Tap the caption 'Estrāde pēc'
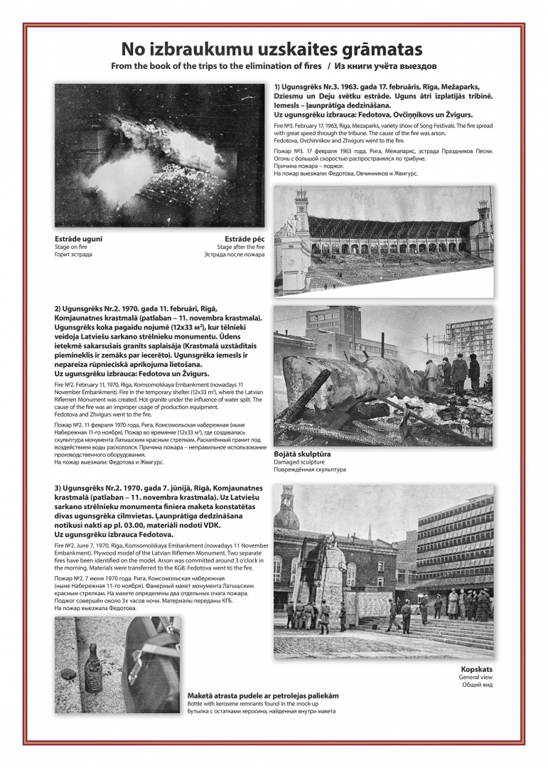point(244,239)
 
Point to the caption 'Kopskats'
point(476,669)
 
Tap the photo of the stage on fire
point(159,154)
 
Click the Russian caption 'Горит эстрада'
point(72,255)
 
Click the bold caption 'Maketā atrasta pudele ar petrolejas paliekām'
point(263,695)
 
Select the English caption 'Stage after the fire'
point(240,247)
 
